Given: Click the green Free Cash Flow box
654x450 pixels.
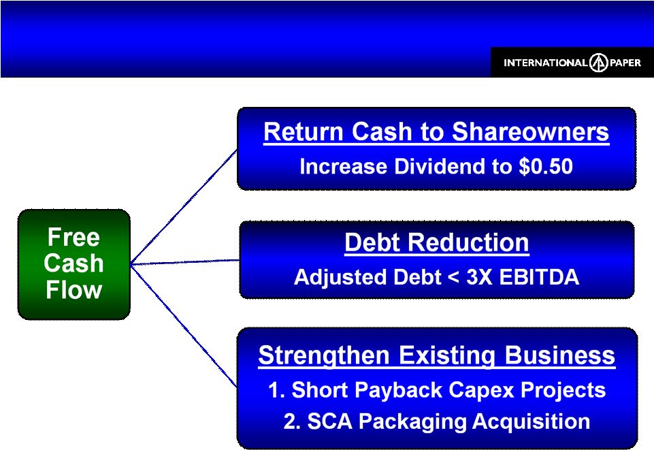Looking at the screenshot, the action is [73, 264].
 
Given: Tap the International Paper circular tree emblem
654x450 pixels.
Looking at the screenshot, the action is [599, 63].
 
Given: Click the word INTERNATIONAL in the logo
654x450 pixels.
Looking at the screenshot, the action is [546, 63].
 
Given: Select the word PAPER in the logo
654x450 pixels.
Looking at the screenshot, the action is [625, 63].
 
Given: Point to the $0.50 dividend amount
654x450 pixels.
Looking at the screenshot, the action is [546, 166].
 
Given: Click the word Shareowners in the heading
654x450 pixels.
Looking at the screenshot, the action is [530, 132].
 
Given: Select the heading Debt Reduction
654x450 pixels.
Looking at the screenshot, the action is [437, 242].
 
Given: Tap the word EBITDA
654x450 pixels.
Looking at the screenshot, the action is [539, 277].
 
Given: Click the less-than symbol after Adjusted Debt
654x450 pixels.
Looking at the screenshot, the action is [453, 278].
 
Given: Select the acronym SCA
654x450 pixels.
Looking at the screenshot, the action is [329, 421].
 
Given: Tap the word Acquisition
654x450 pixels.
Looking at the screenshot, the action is [531, 421].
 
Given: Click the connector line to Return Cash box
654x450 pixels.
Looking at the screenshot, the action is [184, 207].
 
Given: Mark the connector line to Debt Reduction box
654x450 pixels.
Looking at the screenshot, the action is [185, 262].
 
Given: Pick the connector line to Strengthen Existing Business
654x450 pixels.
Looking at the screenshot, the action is [184, 325].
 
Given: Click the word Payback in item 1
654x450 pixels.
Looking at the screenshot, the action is [402, 391].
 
